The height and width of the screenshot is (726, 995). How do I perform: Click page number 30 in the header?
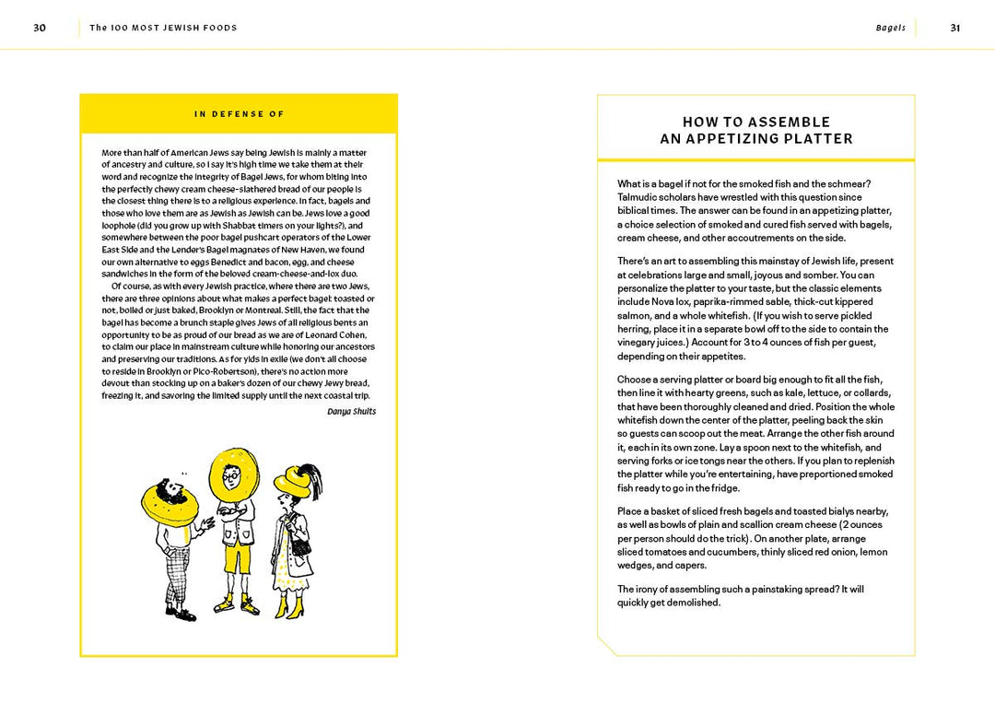(40, 28)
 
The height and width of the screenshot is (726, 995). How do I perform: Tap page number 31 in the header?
(955, 28)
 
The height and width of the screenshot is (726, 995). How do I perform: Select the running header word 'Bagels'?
(890, 28)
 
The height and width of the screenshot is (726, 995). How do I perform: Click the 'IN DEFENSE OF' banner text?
(240, 114)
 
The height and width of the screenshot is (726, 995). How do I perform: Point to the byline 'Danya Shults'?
(351, 411)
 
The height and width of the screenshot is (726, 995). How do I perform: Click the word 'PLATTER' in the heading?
(814, 139)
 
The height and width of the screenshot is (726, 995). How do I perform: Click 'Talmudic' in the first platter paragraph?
(638, 197)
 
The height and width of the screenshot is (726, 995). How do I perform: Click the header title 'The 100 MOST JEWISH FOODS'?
(163, 28)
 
